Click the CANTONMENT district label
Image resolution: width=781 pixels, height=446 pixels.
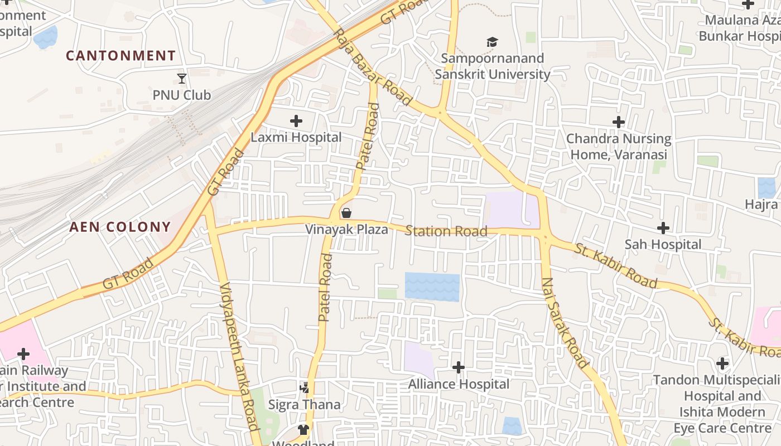[x=120, y=56]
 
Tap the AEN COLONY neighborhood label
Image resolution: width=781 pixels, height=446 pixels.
[x=120, y=227]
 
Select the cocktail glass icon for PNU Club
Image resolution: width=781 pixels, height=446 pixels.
[x=182, y=78]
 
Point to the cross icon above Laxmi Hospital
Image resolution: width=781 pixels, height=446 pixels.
[x=296, y=120]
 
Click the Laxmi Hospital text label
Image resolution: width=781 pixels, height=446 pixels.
[x=296, y=137]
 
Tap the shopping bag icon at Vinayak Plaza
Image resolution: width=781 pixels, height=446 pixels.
[x=346, y=213]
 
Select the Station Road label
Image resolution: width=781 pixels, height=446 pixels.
[x=446, y=231]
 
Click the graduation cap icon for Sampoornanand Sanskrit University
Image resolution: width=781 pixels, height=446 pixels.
[x=492, y=42]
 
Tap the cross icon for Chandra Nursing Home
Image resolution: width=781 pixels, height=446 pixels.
[x=618, y=122]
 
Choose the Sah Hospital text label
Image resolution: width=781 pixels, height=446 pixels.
[x=663, y=244]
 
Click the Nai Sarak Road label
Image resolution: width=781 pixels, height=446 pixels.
[x=565, y=323]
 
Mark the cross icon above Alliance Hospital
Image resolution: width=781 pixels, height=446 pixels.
[x=459, y=367]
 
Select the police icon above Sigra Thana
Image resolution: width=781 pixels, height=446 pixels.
[x=305, y=387]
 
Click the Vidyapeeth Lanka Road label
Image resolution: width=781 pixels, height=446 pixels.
[x=240, y=357]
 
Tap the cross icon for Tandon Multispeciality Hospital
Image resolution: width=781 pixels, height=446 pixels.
[x=722, y=363]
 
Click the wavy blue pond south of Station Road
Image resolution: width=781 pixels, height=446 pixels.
[x=432, y=287]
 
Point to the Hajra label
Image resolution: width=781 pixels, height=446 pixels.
[x=761, y=205]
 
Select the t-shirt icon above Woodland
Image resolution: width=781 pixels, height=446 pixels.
[x=303, y=429]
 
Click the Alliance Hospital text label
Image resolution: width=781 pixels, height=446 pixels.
[x=459, y=384]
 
